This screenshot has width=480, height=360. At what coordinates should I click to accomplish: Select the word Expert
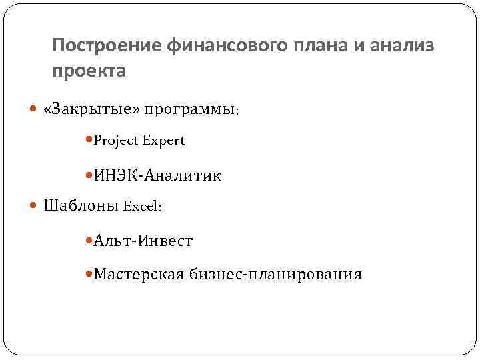[163, 141]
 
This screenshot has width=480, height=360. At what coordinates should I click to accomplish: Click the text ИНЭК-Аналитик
[157, 176]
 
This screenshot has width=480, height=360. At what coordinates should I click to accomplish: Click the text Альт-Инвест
[143, 241]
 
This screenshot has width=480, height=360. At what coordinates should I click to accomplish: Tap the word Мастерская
[139, 274]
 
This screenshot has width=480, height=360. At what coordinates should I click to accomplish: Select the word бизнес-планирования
[275, 274]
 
